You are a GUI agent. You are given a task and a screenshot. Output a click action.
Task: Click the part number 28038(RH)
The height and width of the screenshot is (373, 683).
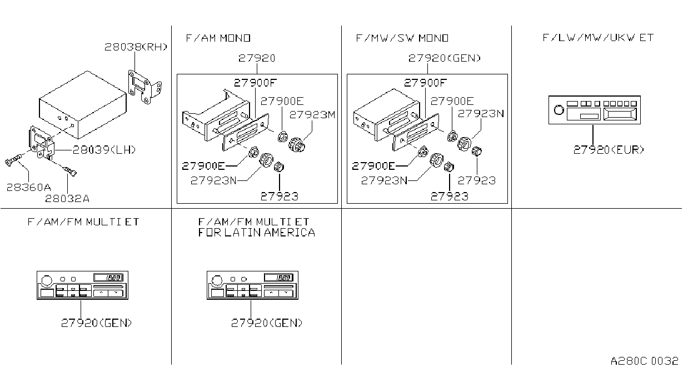coord(136,47)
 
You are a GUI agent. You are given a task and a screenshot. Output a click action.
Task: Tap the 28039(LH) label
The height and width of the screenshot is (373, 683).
coord(104,150)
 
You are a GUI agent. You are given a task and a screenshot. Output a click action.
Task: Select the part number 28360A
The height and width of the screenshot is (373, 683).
coord(29,187)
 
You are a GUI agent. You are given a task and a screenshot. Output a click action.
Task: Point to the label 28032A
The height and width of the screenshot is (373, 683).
coord(67,199)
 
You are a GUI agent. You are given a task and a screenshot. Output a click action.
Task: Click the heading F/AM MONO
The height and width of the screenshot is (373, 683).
coord(218,38)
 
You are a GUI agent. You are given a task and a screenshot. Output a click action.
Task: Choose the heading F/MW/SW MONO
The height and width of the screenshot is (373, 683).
coord(402,38)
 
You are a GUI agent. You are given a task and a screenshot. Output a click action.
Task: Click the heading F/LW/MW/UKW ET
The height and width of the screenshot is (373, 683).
coord(598,37)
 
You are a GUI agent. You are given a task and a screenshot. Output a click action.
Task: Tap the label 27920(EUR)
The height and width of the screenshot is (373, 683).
coord(609,150)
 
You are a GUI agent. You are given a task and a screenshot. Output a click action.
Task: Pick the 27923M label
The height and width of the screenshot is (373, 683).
coord(312,115)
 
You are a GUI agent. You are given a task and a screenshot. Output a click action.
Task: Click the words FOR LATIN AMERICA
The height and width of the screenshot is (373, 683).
coord(256,233)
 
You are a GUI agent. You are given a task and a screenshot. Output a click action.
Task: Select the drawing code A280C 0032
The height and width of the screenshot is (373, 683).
coord(644,361)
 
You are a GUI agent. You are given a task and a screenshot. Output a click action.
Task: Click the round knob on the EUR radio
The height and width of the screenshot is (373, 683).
coord(559,110)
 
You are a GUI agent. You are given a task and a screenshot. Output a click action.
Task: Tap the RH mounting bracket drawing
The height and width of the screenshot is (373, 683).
coord(144,87)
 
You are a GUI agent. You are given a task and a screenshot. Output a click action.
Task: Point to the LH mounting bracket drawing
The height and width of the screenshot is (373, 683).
coord(42,142)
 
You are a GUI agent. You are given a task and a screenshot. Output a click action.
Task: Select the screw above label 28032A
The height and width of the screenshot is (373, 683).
coord(70,171)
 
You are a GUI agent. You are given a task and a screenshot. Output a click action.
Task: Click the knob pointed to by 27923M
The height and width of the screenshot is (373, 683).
coord(297,145)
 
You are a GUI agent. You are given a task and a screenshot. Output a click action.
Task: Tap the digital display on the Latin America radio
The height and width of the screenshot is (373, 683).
coord(278,278)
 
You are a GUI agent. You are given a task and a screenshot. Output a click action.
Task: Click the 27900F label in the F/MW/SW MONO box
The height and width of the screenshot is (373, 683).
coord(425,83)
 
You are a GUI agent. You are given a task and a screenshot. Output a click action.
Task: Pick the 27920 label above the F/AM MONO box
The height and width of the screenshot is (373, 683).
coord(257,58)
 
